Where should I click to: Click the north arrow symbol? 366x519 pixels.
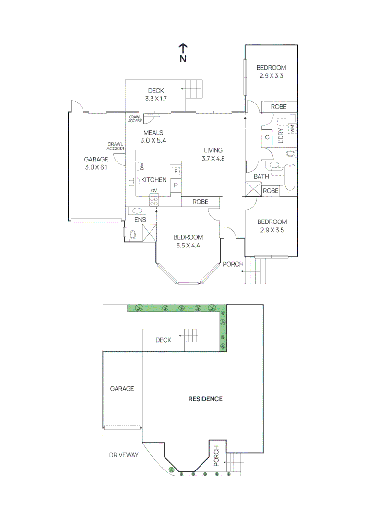click(183, 52)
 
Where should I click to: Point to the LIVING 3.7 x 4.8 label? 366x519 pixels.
click(213, 154)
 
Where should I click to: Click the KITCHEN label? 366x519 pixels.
click(154, 180)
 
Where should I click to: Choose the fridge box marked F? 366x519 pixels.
click(176, 171)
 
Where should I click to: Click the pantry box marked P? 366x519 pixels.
click(176, 185)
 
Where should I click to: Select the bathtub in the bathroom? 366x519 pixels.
click(289, 178)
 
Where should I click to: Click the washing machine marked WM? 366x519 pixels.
click(292, 128)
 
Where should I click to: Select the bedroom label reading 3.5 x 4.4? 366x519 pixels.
click(188, 241)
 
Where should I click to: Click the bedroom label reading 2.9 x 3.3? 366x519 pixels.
click(271, 71)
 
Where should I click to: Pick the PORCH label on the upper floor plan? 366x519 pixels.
click(233, 264)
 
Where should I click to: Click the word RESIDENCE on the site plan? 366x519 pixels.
click(205, 399)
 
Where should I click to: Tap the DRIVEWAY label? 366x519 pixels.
click(123, 455)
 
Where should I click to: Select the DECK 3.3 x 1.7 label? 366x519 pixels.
click(156, 95)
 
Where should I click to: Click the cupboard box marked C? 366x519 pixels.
click(267, 137)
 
